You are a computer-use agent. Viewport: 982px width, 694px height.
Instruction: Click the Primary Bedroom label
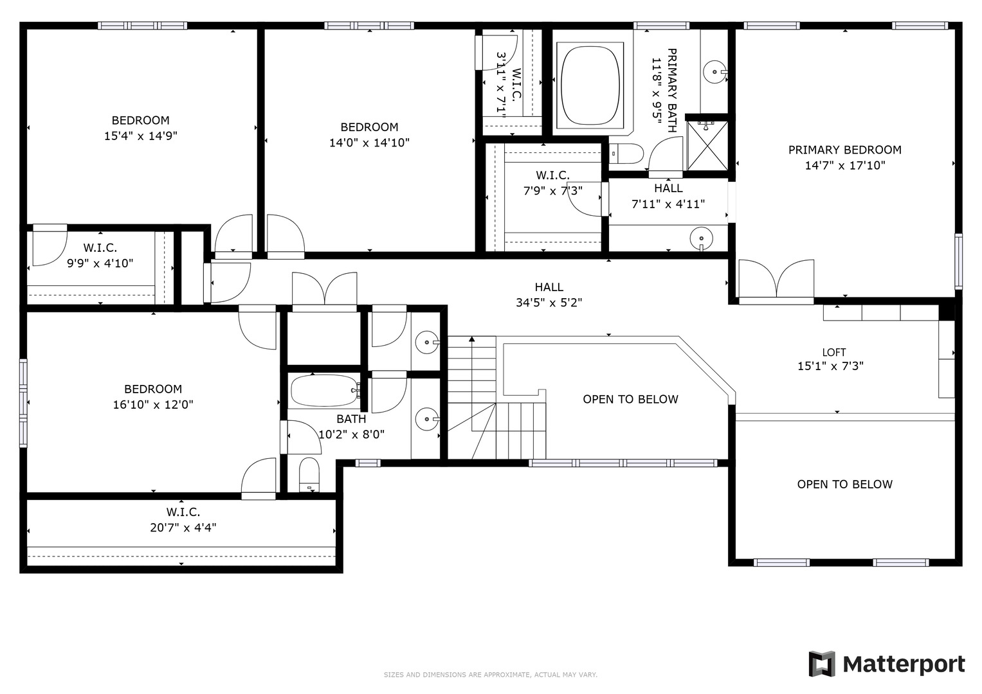(845, 150)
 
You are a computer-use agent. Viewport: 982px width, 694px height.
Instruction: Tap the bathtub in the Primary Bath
(590, 85)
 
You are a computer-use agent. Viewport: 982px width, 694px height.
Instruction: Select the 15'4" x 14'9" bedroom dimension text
(141, 136)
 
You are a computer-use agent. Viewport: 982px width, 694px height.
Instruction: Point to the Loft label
(834, 352)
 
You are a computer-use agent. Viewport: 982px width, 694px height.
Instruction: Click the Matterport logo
(887, 664)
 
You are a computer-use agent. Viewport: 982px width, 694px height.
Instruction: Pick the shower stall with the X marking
(707, 146)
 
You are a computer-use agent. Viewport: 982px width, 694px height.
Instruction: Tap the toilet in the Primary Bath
(626, 154)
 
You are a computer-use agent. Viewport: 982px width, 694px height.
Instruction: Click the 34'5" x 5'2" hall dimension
(549, 303)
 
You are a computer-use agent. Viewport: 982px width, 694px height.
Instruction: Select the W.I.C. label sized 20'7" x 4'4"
(183, 512)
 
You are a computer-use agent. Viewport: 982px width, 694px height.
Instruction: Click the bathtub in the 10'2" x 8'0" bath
(325, 391)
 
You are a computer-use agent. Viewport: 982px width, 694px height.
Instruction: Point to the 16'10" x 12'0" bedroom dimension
(153, 404)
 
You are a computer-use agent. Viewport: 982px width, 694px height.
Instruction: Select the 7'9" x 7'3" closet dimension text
(553, 191)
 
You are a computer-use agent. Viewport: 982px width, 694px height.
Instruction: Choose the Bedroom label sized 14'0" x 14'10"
(370, 127)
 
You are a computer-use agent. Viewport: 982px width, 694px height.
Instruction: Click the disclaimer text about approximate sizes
(491, 675)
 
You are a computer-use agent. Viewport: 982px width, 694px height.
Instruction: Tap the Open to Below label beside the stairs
(630, 399)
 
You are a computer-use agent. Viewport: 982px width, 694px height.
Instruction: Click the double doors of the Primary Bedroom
(776, 280)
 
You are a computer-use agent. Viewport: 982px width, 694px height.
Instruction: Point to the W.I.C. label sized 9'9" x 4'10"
(100, 248)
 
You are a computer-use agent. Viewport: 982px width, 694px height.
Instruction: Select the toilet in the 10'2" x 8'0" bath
(309, 475)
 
